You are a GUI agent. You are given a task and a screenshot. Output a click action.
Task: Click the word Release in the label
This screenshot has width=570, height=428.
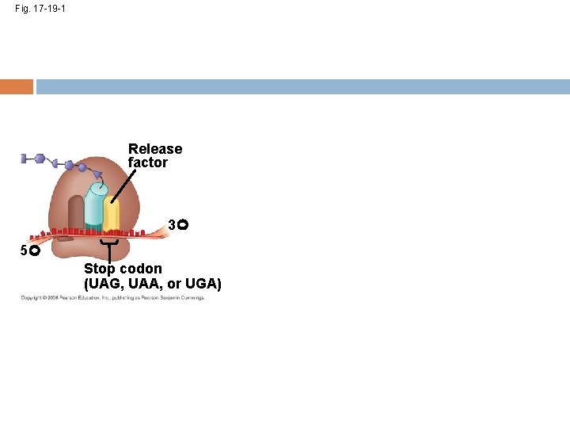155,149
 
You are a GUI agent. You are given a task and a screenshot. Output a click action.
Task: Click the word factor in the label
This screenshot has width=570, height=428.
148,162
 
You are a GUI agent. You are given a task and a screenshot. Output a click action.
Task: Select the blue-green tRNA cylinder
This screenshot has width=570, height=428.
94,208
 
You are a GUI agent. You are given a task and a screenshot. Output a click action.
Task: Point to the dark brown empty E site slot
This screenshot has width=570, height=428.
76,214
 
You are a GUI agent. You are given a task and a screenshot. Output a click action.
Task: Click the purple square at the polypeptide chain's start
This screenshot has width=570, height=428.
25,159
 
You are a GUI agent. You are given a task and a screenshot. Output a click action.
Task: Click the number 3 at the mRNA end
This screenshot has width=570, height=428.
172,226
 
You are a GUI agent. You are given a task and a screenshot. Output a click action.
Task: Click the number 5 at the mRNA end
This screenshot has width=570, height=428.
24,250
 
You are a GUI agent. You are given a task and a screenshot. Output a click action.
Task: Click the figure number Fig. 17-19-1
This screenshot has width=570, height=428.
40,9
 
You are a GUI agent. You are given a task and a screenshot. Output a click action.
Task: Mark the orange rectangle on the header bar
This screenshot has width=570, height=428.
17,86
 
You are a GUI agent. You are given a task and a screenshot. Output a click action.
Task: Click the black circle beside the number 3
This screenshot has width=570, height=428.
182,226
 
